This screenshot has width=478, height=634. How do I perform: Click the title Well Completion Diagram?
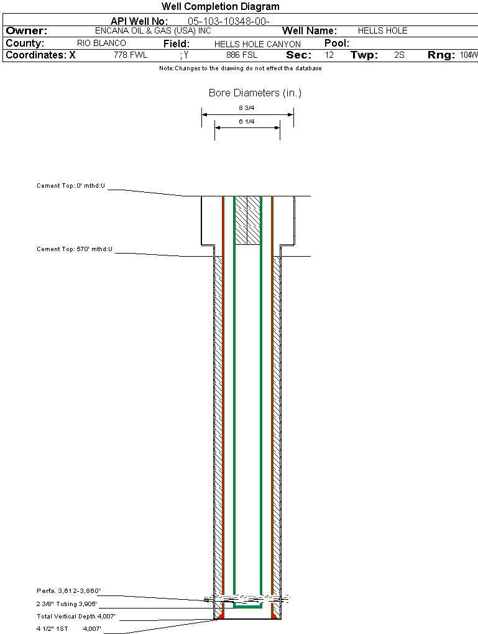(x=221, y=6)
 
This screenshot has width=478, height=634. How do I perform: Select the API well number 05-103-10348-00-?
(x=229, y=21)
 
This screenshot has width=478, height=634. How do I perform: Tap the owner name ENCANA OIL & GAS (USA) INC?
(x=153, y=30)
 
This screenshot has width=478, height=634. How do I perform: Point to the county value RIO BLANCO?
(x=101, y=44)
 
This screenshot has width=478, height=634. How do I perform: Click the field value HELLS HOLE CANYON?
(x=257, y=44)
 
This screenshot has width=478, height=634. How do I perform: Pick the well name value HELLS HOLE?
(x=382, y=30)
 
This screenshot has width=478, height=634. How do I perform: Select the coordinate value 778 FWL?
(x=131, y=55)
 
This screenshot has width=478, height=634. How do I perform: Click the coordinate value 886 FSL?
(x=242, y=55)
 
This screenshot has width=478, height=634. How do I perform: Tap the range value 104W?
(x=469, y=55)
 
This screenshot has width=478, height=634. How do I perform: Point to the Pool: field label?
(x=337, y=44)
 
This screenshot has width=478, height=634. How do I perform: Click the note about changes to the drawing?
(x=240, y=68)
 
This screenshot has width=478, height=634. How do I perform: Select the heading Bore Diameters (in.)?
(x=255, y=93)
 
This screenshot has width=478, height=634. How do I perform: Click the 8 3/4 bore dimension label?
(x=247, y=108)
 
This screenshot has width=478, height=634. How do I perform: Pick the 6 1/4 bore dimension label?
(x=247, y=122)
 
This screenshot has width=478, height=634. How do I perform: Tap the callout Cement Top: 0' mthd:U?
(x=71, y=186)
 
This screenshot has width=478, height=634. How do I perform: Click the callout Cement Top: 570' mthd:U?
(x=75, y=249)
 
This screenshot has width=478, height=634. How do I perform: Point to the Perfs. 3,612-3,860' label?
(x=68, y=591)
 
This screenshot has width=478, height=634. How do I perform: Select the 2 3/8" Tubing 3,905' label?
(x=67, y=604)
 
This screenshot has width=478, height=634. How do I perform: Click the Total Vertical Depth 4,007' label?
(x=76, y=617)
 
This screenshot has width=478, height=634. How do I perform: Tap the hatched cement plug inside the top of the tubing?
(x=247, y=221)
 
